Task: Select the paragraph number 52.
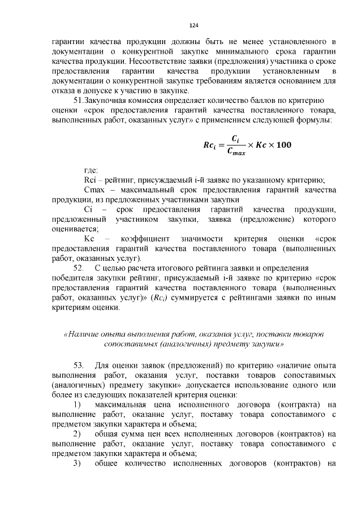click(x=79, y=268)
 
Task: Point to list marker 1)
click(x=78, y=404)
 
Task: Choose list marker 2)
click(x=78, y=434)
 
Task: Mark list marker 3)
click(x=78, y=464)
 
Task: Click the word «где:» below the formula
click(x=91, y=170)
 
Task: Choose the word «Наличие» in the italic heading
click(x=84, y=334)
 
